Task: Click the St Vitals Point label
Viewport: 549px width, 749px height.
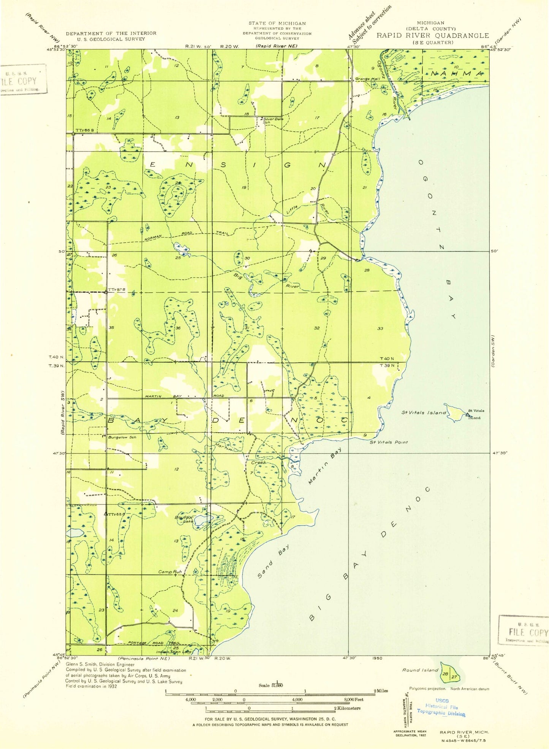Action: [x=389, y=442]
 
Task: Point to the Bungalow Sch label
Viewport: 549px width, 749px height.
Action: [x=122, y=437]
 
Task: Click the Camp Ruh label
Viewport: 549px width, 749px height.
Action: [x=170, y=572]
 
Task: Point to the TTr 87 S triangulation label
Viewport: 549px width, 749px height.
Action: [x=116, y=290]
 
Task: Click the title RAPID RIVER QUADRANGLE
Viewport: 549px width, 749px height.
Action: [x=432, y=36]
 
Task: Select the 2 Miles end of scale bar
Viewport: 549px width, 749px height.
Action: [x=380, y=691]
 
